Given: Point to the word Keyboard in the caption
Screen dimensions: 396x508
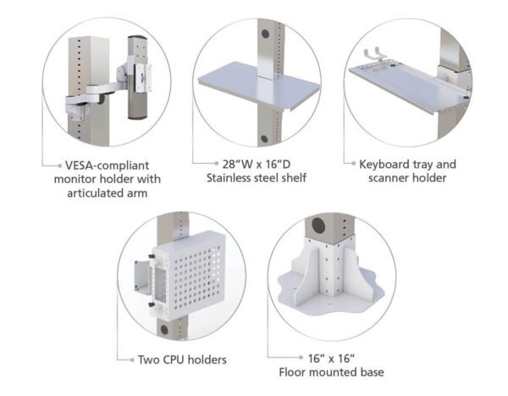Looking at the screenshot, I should [x=385, y=163].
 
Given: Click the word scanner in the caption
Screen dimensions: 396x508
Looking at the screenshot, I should [x=383, y=178].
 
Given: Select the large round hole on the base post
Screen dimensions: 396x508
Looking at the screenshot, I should [x=319, y=227].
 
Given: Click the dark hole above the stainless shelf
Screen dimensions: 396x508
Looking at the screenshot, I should [x=265, y=34].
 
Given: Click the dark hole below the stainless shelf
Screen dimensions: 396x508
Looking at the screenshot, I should [x=264, y=138].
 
